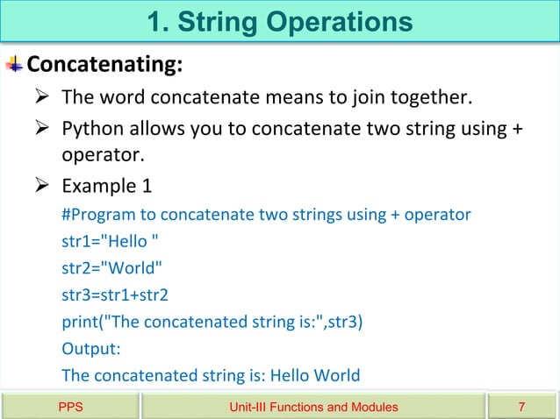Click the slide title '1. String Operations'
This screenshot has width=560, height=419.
click(x=280, y=21)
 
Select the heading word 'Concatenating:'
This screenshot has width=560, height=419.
click(x=104, y=65)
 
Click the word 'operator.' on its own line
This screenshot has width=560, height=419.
click(x=101, y=155)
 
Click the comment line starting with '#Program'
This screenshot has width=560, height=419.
click(x=266, y=215)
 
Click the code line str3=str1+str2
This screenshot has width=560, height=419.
click(x=114, y=295)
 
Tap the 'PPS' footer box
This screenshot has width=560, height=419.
click(x=70, y=407)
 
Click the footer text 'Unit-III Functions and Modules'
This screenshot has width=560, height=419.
click(x=312, y=407)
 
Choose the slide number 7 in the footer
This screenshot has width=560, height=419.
click(x=522, y=407)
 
